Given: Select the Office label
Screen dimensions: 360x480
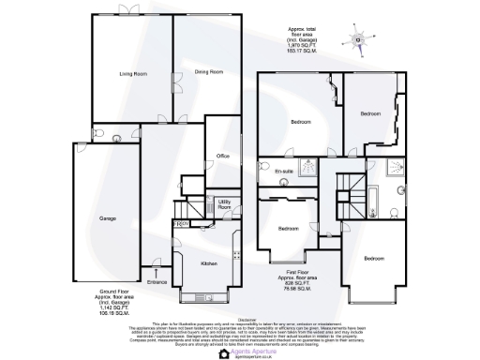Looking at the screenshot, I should click(223, 156).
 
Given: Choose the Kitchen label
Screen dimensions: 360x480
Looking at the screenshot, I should click(210, 262).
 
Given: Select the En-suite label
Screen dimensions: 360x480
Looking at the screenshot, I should click(284, 172).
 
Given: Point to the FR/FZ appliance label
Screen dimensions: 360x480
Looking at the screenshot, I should click(182, 224).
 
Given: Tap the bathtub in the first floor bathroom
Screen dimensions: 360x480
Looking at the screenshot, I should click(372, 202).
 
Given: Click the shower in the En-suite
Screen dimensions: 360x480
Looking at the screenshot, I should click(307, 172).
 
